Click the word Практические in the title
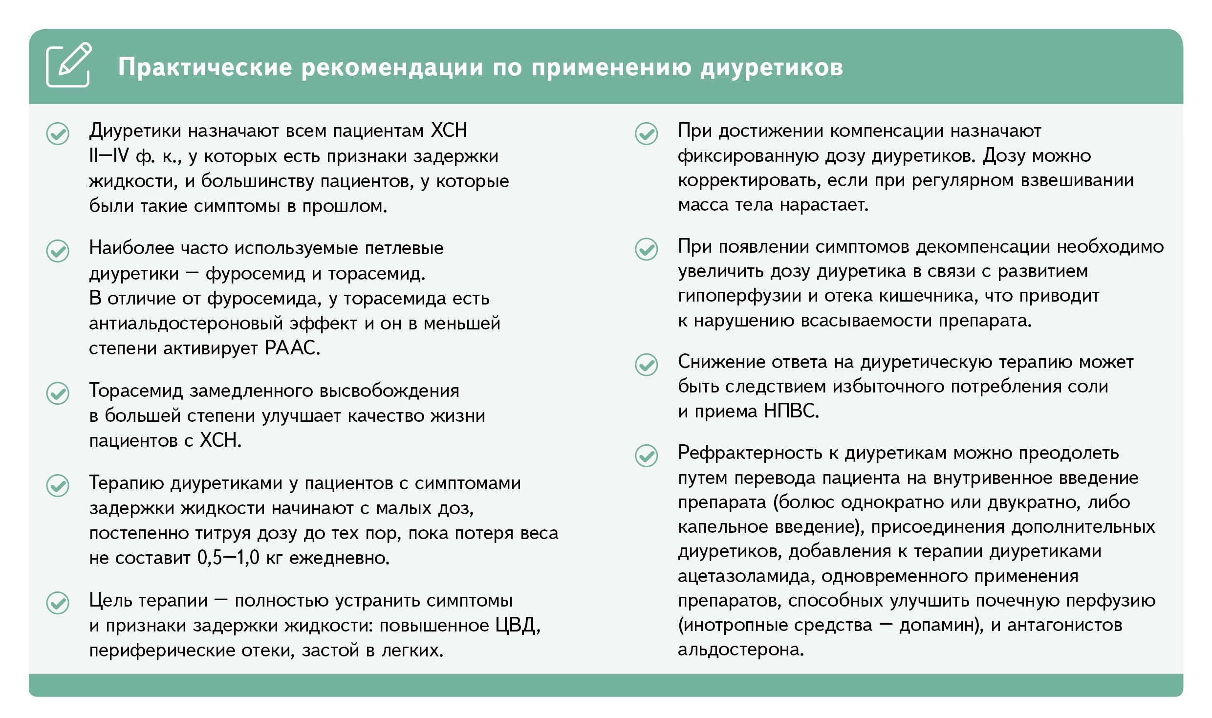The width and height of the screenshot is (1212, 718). pyautogui.click(x=205, y=67)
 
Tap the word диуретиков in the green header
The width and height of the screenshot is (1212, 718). pyautogui.click(x=772, y=67)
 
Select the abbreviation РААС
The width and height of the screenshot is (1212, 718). pyautogui.click(x=292, y=348)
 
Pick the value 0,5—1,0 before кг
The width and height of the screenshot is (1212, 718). pyautogui.click(x=228, y=558)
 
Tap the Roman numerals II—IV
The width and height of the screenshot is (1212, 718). pyautogui.click(x=109, y=156)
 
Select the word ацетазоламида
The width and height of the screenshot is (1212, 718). pyautogui.click(x=746, y=576)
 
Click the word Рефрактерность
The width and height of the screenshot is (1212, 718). pyautogui.click(x=750, y=453)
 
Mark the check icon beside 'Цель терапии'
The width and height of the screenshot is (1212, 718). pyautogui.click(x=58, y=603)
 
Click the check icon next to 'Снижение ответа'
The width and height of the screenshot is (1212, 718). pyautogui.click(x=646, y=365)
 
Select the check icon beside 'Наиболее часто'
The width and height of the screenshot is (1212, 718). pyautogui.click(x=58, y=251)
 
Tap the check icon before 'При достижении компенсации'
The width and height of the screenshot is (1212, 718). pyautogui.click(x=646, y=133)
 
